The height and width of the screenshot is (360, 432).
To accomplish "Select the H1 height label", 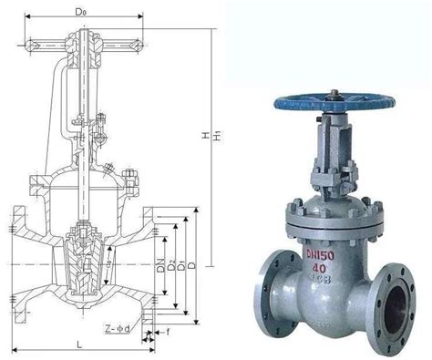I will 216,137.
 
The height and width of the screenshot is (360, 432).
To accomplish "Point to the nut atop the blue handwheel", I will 335,92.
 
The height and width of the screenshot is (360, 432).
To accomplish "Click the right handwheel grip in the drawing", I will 137,43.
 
